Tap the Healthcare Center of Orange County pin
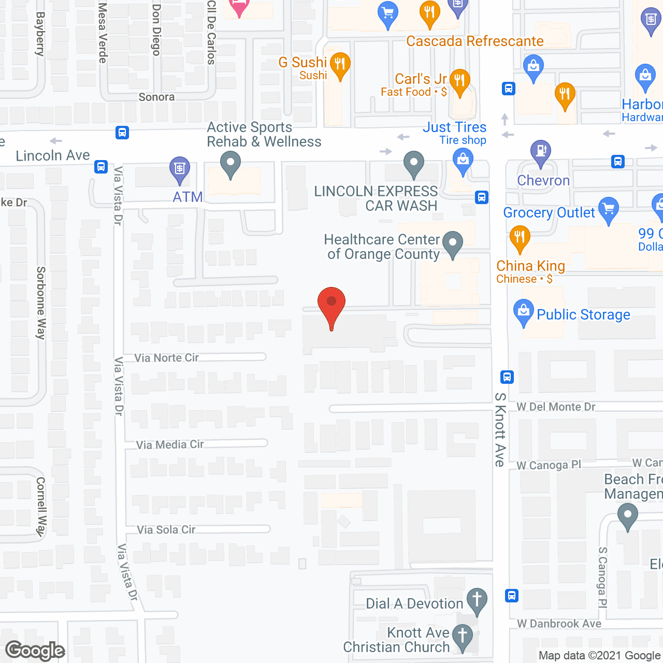click(453, 243)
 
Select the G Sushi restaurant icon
click(340, 65)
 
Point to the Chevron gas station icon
click(540, 152)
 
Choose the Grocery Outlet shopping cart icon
click(609, 209)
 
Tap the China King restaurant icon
click(520, 238)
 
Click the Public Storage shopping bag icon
click(523, 311)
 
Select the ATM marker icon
click(180, 169)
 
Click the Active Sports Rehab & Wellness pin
click(230, 165)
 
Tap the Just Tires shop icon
click(463, 160)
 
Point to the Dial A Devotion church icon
click(477, 600)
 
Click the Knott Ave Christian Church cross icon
click(462, 636)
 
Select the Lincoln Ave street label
click(53, 155)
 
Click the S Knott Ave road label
click(500, 429)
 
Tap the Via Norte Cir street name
click(166, 357)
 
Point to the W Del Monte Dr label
click(556, 407)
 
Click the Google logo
click(35, 651)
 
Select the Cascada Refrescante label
click(474, 41)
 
